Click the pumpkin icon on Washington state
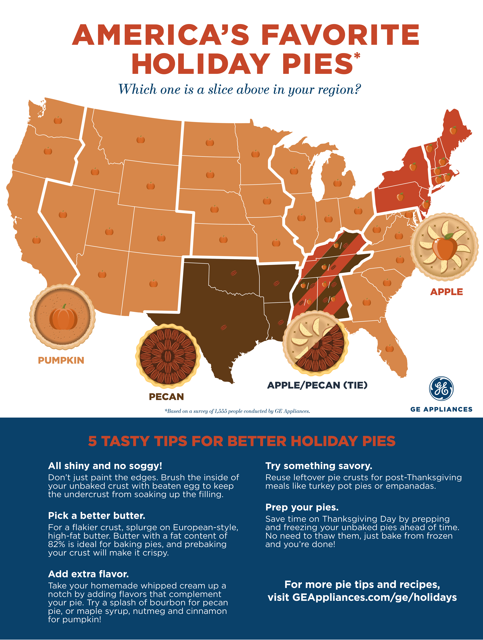pos(58,120)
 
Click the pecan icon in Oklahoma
pos(233,273)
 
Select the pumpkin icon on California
pos(37,240)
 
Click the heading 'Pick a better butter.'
pos(97,516)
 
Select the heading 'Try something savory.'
pos(319,466)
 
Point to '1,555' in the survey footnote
pos(221,411)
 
